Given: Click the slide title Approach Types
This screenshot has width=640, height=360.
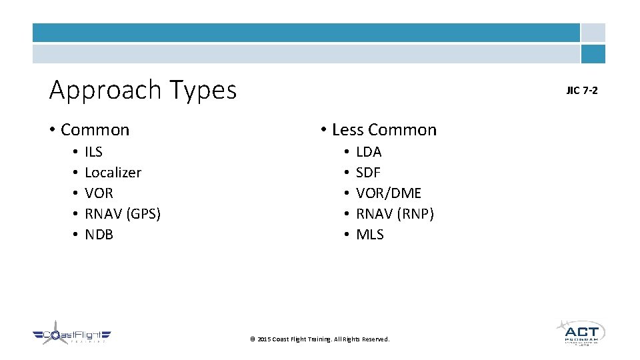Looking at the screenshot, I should point(143,89).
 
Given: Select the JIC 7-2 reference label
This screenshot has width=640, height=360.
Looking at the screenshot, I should point(582,90).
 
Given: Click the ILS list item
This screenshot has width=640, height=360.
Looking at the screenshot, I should point(93,151).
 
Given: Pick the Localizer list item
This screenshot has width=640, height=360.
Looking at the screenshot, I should point(113,172).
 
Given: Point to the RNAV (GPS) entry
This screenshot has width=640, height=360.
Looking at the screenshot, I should point(123,213).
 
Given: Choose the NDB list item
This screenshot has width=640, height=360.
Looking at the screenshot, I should point(99,234).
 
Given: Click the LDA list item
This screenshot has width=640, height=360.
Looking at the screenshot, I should point(369,151).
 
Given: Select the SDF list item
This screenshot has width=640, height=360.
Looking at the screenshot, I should point(368,172).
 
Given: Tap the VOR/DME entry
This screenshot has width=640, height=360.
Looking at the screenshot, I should point(389,193).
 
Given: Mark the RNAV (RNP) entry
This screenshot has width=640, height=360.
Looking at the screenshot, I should point(395,213).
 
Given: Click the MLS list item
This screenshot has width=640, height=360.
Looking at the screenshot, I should point(370,234).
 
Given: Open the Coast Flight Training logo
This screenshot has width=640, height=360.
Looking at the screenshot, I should point(71,335).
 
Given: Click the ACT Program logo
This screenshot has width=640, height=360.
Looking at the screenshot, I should point(581,332).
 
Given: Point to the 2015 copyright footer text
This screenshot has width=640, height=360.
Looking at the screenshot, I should point(319,339).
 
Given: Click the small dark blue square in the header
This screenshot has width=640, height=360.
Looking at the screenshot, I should point(593,54).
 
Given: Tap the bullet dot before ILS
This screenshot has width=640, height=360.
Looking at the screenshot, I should point(75,152).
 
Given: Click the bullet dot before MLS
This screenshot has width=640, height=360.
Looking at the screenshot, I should point(347,235).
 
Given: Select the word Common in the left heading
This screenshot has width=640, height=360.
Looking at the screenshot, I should point(95,129).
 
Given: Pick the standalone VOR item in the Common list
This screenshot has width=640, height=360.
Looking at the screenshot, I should point(99,193).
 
